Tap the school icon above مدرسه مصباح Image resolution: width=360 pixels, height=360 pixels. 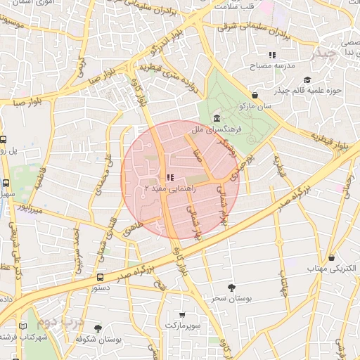click(271, 56)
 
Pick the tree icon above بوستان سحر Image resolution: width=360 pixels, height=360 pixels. click(231, 287)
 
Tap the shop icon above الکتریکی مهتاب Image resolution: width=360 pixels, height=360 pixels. click(331, 257)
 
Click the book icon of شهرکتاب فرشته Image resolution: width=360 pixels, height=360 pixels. click(25, 326)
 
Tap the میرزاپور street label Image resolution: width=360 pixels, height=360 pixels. click(31, 209)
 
